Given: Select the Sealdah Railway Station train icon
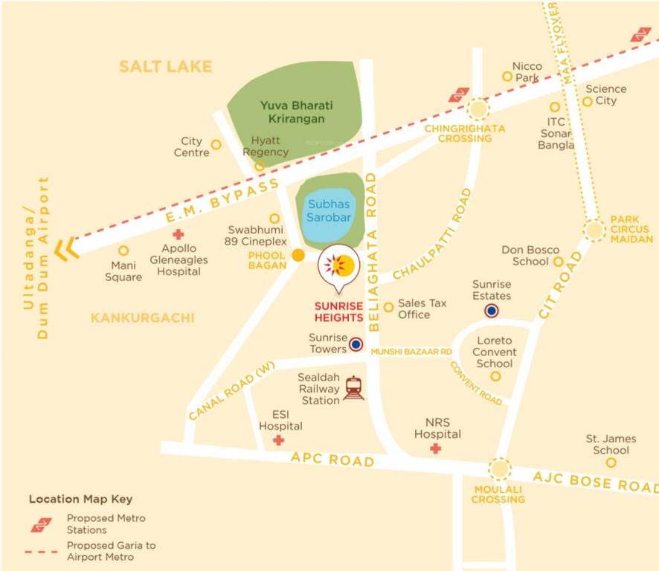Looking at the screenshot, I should click(354, 388).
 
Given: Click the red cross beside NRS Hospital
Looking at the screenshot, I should click(435, 448).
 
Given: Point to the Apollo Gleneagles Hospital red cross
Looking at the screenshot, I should click(179, 234).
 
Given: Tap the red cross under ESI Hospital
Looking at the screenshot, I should click(279, 441).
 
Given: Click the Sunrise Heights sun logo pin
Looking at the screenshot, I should click(338, 265).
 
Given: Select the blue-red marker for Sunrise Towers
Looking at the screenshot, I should click(356, 344).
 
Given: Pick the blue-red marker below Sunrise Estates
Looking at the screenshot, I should click(491, 311).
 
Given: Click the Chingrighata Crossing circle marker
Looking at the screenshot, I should click(478, 110).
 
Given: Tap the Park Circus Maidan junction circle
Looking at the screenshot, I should click(594, 230).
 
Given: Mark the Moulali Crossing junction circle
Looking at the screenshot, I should click(499, 468).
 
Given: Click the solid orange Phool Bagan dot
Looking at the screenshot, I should click(298, 256).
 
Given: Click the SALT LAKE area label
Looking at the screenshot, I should click(165, 67).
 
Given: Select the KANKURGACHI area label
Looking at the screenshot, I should click(142, 318).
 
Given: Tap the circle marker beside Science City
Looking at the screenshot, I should click(588, 101).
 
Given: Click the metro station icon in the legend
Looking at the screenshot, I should click(41, 524).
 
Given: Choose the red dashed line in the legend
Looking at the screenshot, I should click(42, 552).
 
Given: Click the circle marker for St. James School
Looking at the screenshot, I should click(611, 462).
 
